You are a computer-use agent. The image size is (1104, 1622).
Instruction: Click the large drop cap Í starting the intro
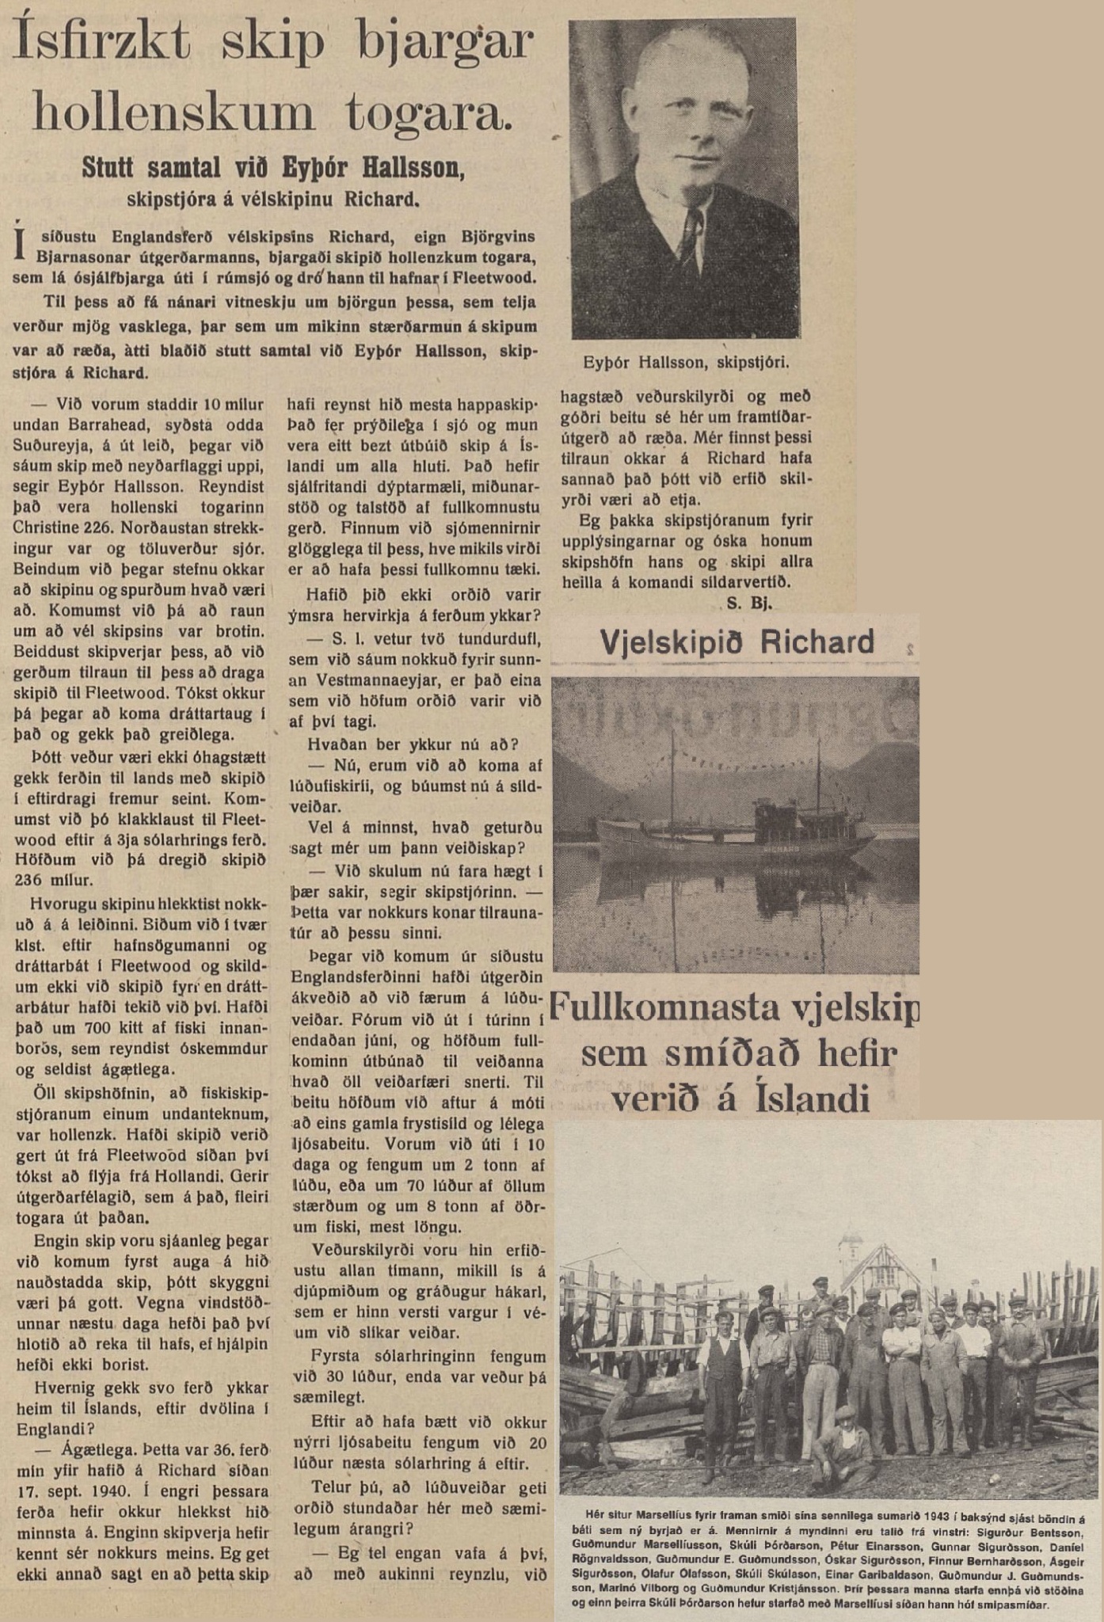click(x=21, y=242)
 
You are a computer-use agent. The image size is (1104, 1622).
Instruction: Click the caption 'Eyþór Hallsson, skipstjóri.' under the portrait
click(x=685, y=363)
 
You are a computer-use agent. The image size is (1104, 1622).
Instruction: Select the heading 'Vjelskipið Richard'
click(x=737, y=642)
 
